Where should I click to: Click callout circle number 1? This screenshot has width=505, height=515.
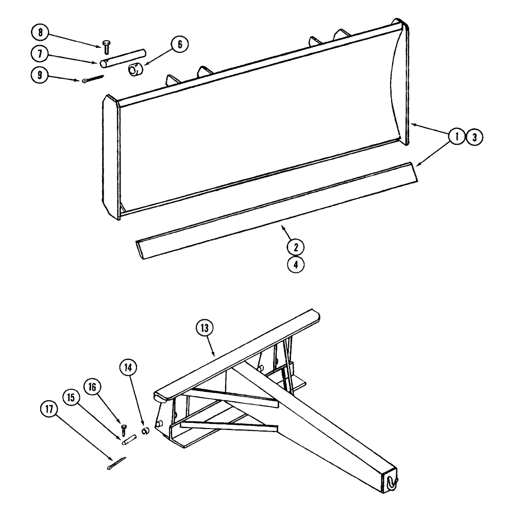coord(456,137)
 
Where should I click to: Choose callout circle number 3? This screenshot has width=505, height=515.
coord(474,137)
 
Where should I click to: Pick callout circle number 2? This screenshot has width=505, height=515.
coord(296,247)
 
